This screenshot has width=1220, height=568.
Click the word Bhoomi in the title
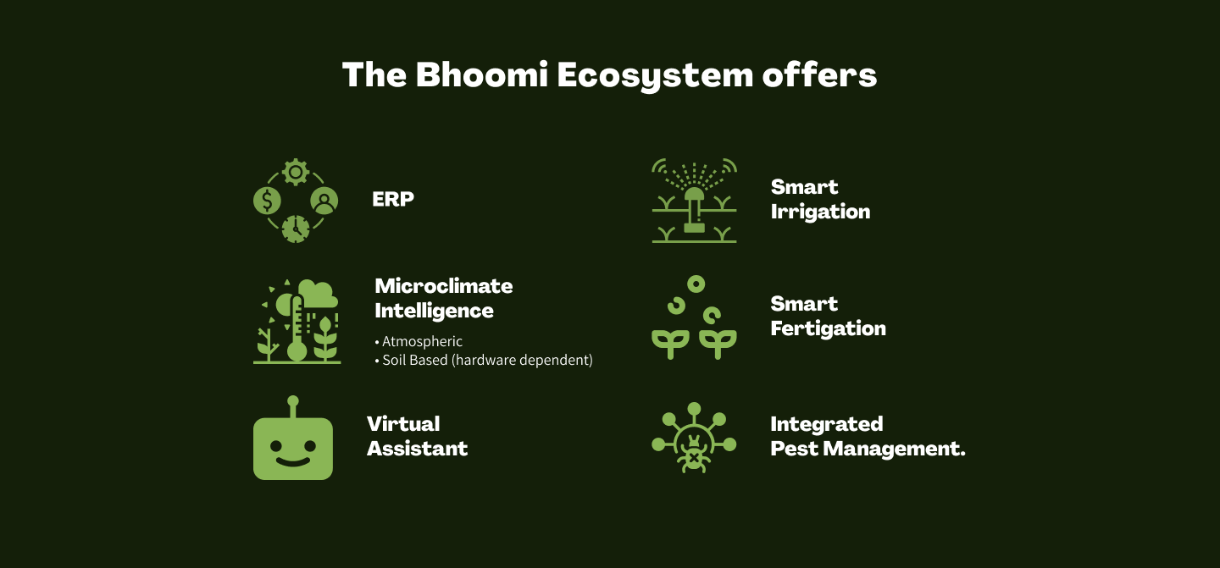481,74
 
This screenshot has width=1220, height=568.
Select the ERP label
393,199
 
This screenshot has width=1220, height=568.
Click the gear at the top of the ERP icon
296,173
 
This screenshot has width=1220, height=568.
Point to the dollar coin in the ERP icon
268,201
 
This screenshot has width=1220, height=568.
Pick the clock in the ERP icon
296,229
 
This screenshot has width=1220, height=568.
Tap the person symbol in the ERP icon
324,201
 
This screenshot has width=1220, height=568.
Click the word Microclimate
444,286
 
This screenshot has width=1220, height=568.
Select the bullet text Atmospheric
422,342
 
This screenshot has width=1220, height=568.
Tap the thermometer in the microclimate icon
297,328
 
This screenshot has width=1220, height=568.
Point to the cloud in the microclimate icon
318,294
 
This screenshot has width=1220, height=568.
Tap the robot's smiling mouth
293,462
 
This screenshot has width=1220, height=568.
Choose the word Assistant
417,449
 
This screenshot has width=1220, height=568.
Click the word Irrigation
820,212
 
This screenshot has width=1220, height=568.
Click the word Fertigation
829,329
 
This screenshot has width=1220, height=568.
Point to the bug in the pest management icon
693,454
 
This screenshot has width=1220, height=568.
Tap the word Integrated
827,424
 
